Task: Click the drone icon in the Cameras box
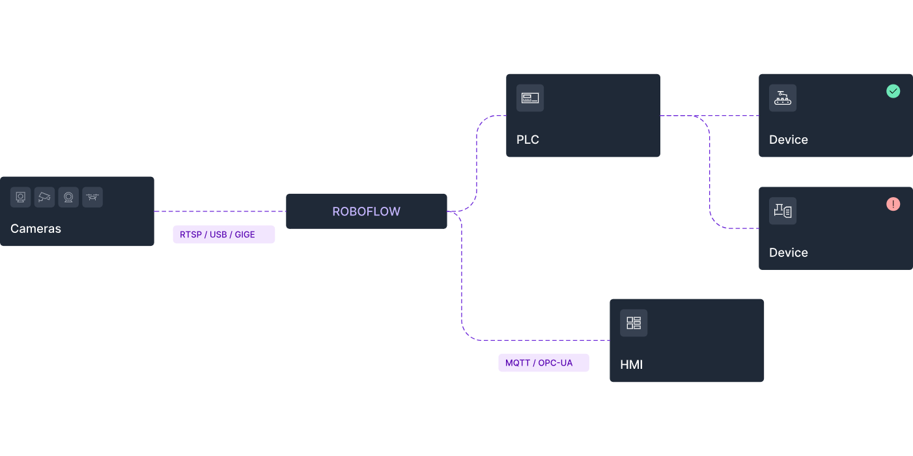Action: pyautogui.click(x=92, y=197)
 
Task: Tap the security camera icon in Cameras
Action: pyautogui.click(x=44, y=197)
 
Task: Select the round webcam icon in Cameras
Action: pyautogui.click(x=68, y=197)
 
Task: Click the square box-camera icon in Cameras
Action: pyautogui.click(x=21, y=197)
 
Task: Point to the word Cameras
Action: pyautogui.click(x=36, y=229)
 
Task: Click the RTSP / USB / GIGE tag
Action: pyautogui.click(x=223, y=234)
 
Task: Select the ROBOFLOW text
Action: pyautogui.click(x=366, y=211)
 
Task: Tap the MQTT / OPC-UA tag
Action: pyautogui.click(x=543, y=363)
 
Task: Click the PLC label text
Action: pyautogui.click(x=527, y=140)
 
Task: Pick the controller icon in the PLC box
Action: pyautogui.click(x=530, y=98)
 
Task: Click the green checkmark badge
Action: pyautogui.click(x=893, y=91)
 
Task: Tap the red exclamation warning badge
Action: pyautogui.click(x=893, y=204)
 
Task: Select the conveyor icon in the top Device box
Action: pyautogui.click(x=782, y=98)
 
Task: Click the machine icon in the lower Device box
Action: pyautogui.click(x=782, y=211)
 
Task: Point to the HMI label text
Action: pyautogui.click(x=631, y=365)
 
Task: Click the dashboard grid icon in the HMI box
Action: pyautogui.click(x=633, y=323)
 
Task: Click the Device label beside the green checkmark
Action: pyautogui.click(x=788, y=140)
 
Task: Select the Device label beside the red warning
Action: pyautogui.click(x=788, y=253)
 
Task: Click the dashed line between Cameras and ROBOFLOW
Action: pyautogui.click(x=219, y=211)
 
